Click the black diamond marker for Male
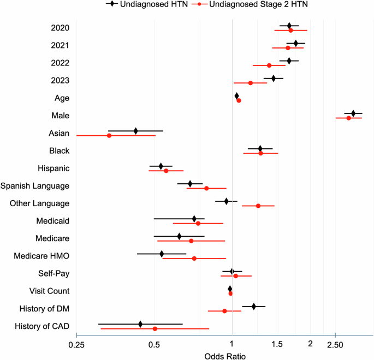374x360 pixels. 353,113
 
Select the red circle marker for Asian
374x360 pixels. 109,135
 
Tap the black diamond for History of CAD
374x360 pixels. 140,324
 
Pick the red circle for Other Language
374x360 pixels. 258,206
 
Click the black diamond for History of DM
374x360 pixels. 253,307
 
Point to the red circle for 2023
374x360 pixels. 251,83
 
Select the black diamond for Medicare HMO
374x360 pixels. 162,254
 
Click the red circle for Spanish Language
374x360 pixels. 206,188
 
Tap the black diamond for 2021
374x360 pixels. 296,43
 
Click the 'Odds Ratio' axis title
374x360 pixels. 225,356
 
